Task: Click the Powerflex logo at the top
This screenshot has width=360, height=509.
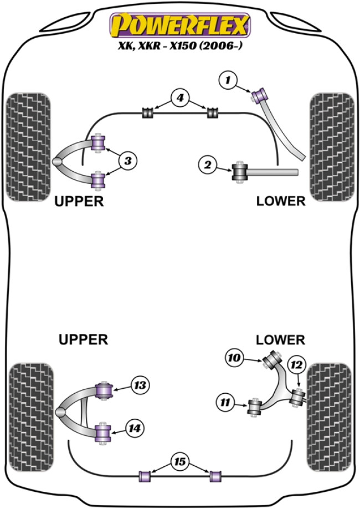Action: point(179,25)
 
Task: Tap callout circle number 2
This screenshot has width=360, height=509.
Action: point(208,164)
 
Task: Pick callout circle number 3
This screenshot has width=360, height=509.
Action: point(127,161)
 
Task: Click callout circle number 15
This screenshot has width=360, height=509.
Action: point(179,460)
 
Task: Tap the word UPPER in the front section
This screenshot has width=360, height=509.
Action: point(79,201)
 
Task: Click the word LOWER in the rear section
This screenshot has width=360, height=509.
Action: point(280,339)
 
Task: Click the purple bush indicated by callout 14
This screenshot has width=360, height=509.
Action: point(102,431)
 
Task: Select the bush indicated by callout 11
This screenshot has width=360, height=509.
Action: point(255,408)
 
